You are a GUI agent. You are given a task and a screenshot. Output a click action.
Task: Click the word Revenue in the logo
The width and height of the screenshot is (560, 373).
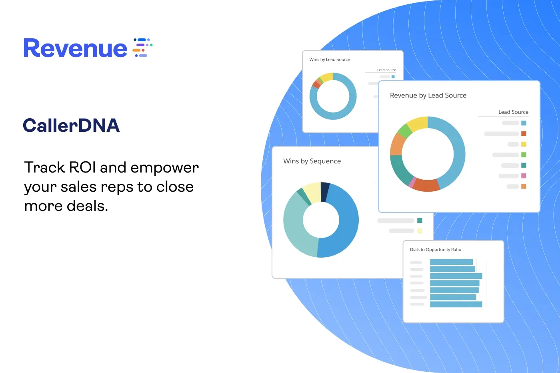(x=76, y=48)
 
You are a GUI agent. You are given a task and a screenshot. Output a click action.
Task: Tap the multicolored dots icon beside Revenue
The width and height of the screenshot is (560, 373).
(x=142, y=48)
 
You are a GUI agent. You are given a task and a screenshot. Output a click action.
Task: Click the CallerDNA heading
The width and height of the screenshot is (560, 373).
(x=71, y=125)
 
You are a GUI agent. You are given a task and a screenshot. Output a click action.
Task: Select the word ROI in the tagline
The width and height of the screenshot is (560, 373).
(x=82, y=167)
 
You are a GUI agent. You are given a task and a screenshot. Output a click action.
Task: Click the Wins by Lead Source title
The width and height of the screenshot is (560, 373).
(x=330, y=60)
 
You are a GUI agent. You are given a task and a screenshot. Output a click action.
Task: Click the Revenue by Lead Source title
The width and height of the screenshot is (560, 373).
(x=428, y=95)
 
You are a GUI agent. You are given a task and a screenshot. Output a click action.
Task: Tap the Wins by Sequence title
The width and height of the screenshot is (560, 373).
(x=312, y=161)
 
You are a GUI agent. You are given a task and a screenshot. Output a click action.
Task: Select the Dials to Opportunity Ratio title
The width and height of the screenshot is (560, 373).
(x=436, y=250)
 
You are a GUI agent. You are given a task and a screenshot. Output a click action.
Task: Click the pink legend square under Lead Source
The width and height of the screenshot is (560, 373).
(x=524, y=176)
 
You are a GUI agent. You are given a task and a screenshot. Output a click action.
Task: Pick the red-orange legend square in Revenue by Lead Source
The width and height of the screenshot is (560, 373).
(x=524, y=133)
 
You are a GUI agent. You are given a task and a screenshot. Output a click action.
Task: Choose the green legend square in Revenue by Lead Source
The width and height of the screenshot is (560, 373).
(x=524, y=155)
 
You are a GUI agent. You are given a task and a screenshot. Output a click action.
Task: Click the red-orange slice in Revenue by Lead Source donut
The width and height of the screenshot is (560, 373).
(x=426, y=185)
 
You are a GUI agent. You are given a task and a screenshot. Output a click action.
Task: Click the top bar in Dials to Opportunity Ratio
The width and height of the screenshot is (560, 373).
(x=451, y=262)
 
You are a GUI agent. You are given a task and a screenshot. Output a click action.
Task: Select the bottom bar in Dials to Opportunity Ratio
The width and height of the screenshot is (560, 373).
(x=456, y=304)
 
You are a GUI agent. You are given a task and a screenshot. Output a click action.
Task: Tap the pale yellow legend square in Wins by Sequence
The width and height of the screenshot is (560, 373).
(x=420, y=231)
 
